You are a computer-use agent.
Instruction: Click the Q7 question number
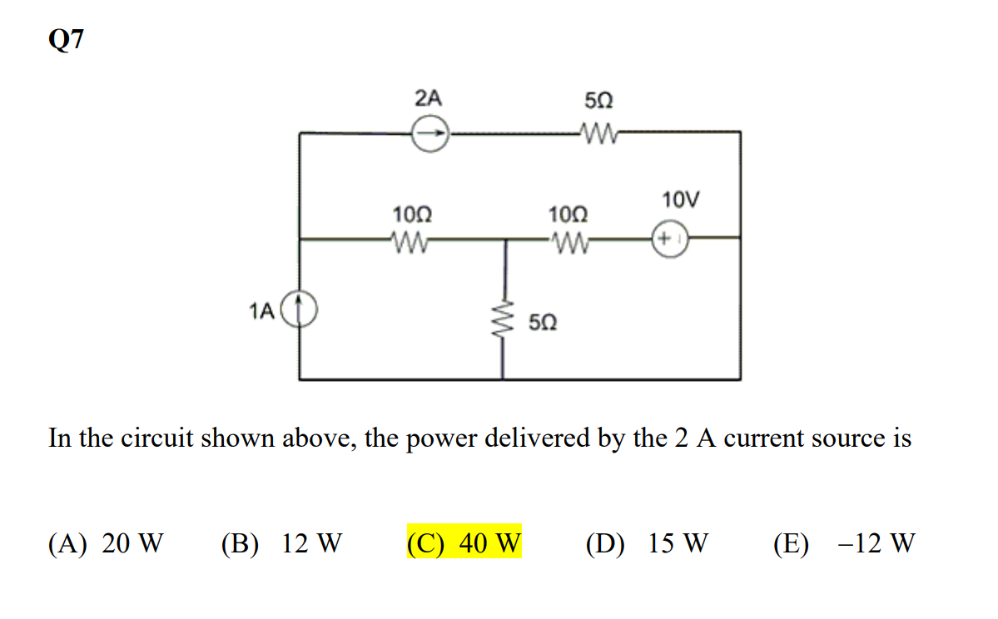point(66,41)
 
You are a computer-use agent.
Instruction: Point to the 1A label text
point(261,311)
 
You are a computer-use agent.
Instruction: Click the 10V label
point(681,200)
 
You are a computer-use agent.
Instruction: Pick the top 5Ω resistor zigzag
point(598,131)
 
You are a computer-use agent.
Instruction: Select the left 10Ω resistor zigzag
point(409,241)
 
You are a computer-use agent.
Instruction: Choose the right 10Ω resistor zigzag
point(569,241)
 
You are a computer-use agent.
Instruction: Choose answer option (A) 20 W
point(106,544)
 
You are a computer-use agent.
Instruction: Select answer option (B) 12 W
point(281,544)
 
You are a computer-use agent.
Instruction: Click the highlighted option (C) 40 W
point(464,544)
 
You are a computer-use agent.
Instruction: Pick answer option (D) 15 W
point(647,544)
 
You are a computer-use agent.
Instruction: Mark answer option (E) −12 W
point(843,544)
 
